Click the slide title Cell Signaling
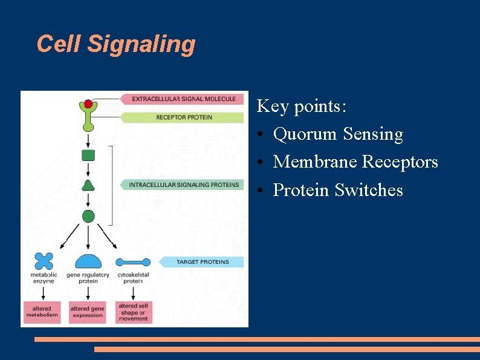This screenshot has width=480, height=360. [116, 44]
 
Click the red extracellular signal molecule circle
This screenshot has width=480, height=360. [88, 104]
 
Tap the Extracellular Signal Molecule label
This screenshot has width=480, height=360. [184, 99]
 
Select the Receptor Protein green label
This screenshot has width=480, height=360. [184, 117]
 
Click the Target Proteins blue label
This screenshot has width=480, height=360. [202, 262]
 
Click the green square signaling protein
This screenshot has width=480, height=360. [88, 155]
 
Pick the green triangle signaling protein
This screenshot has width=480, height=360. [88, 185]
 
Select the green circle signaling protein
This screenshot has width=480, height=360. [88, 216]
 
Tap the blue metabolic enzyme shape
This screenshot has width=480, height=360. [44, 261]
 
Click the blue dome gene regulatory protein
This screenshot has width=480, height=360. [88, 261]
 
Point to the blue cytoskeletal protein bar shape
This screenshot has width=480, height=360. [132, 263]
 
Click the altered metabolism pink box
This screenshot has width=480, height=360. [42, 312]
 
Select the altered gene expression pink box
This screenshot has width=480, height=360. [87, 312]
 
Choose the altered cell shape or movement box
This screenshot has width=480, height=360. [133, 312]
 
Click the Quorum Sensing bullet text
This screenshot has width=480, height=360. [337, 134]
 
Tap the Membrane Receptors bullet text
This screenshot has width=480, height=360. [355, 162]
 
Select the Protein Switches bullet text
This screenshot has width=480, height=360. [337, 190]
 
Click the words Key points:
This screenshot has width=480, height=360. [302, 106]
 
